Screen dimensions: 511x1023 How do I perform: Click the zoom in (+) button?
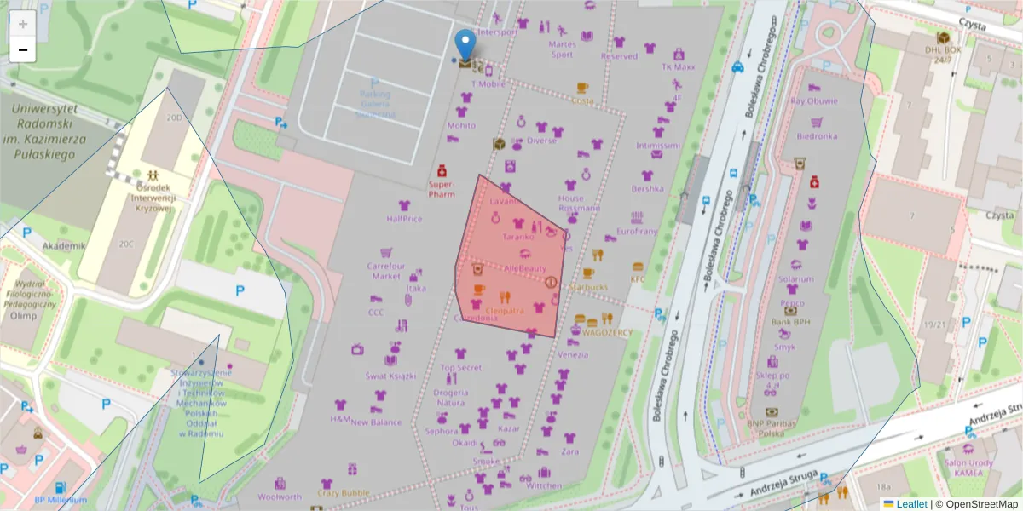[22, 23]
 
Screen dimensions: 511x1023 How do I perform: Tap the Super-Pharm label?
[442, 188]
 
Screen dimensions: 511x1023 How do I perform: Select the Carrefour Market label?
[385, 271]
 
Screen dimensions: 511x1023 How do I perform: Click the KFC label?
[638, 278]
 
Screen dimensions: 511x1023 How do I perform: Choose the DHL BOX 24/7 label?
[943, 55]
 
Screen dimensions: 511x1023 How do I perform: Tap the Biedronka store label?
[817, 135]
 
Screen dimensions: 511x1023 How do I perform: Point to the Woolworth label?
[280, 497]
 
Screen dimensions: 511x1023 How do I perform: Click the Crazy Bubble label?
[344, 492]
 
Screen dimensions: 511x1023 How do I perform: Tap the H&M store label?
[340, 419]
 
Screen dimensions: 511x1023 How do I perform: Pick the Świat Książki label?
[390, 376]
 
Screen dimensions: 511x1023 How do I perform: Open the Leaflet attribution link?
[911, 504]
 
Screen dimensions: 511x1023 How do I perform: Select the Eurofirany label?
[637, 231]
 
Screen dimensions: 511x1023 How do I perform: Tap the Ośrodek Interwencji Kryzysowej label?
[153, 198]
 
